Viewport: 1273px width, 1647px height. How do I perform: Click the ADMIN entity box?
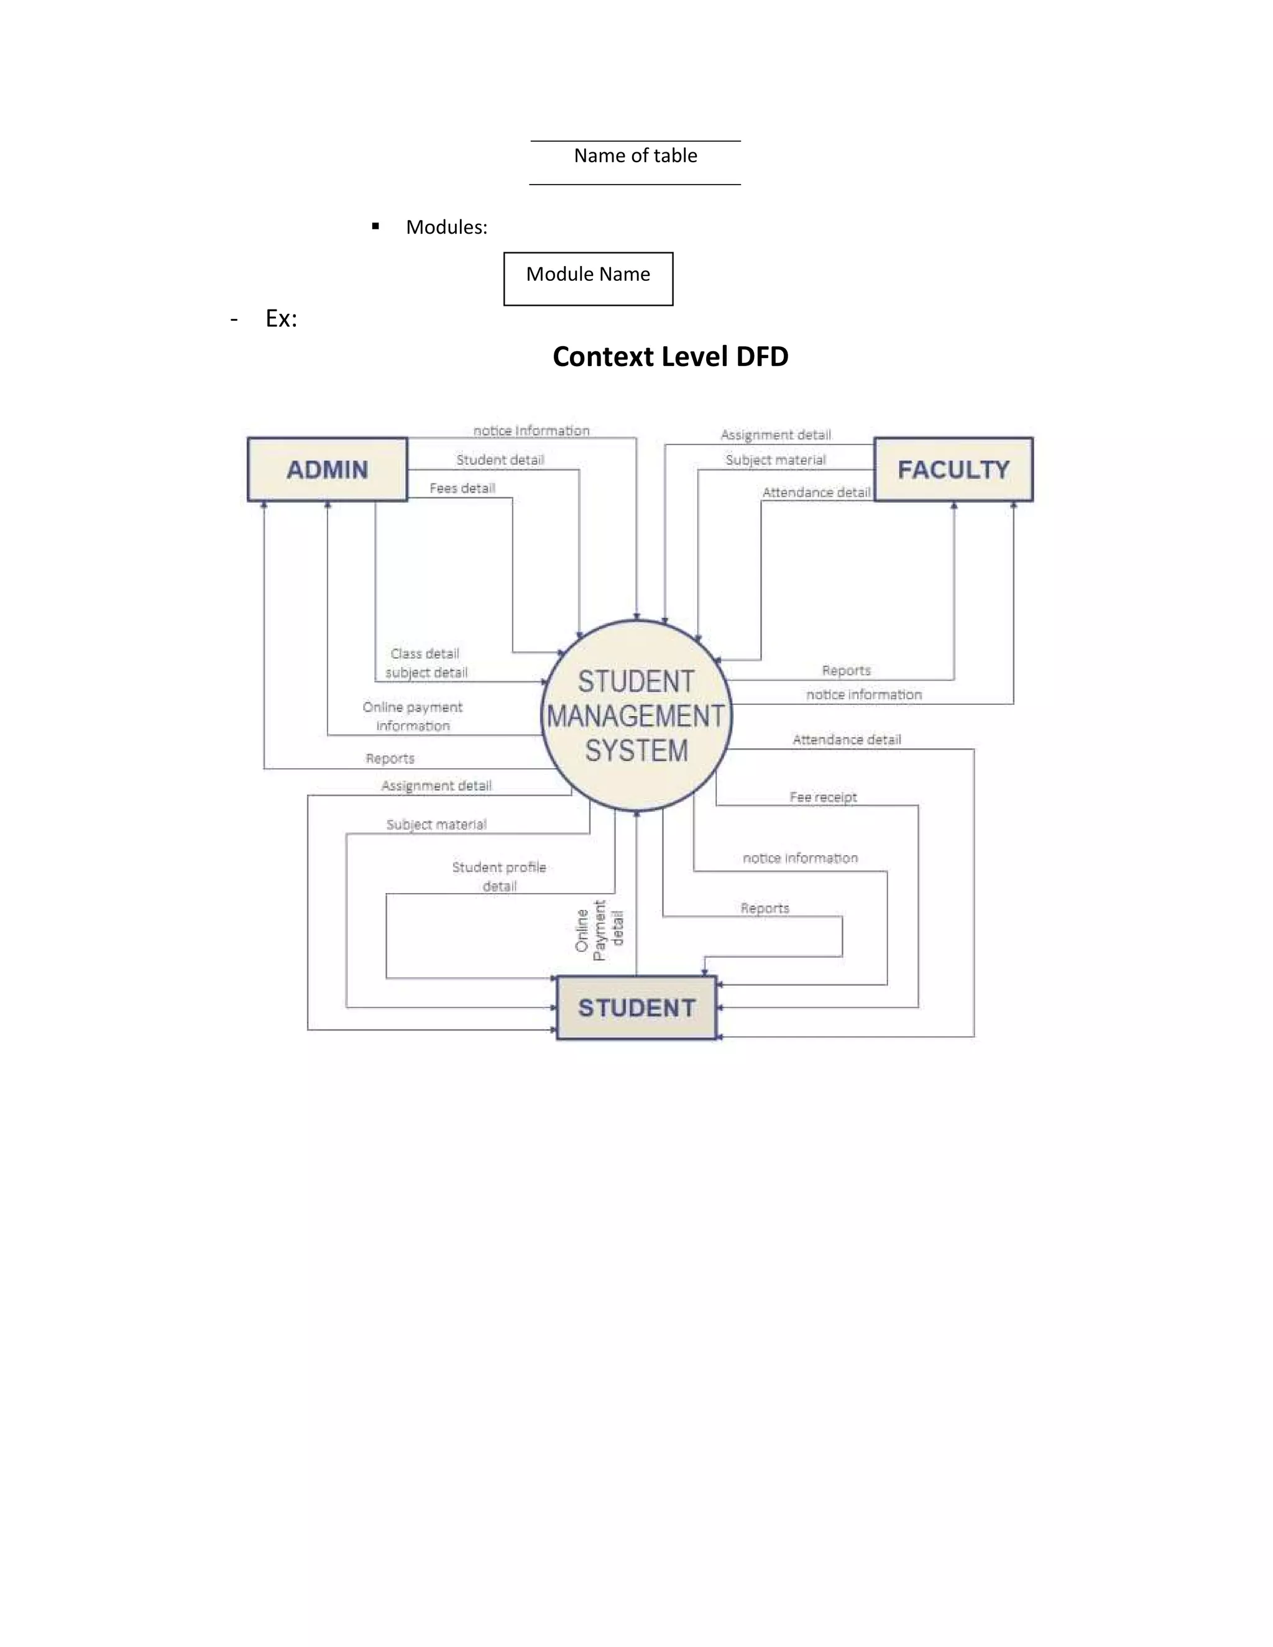click(328, 469)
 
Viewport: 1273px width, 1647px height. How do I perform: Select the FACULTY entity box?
click(954, 469)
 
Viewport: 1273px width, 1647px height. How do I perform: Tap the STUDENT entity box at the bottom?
click(636, 1007)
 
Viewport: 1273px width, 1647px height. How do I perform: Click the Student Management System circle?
click(636, 715)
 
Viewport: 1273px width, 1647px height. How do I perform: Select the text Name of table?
click(635, 155)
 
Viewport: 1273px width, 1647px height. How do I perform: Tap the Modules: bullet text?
click(446, 227)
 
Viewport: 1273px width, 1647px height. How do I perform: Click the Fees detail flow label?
click(462, 488)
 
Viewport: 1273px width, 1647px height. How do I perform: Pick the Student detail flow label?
click(500, 459)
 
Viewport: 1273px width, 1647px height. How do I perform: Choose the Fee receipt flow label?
click(823, 797)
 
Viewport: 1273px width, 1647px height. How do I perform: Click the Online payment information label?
click(413, 715)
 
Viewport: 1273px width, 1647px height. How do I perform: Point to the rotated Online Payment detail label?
click(600, 930)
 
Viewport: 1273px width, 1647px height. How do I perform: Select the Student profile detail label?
click(499, 876)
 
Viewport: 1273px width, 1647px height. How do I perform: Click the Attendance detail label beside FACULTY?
click(816, 492)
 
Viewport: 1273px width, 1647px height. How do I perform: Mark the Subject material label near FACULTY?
click(775, 459)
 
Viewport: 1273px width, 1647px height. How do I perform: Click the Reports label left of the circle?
click(390, 758)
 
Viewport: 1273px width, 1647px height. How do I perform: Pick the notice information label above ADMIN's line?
click(531, 431)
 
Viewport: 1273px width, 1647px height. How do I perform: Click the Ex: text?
click(282, 318)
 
